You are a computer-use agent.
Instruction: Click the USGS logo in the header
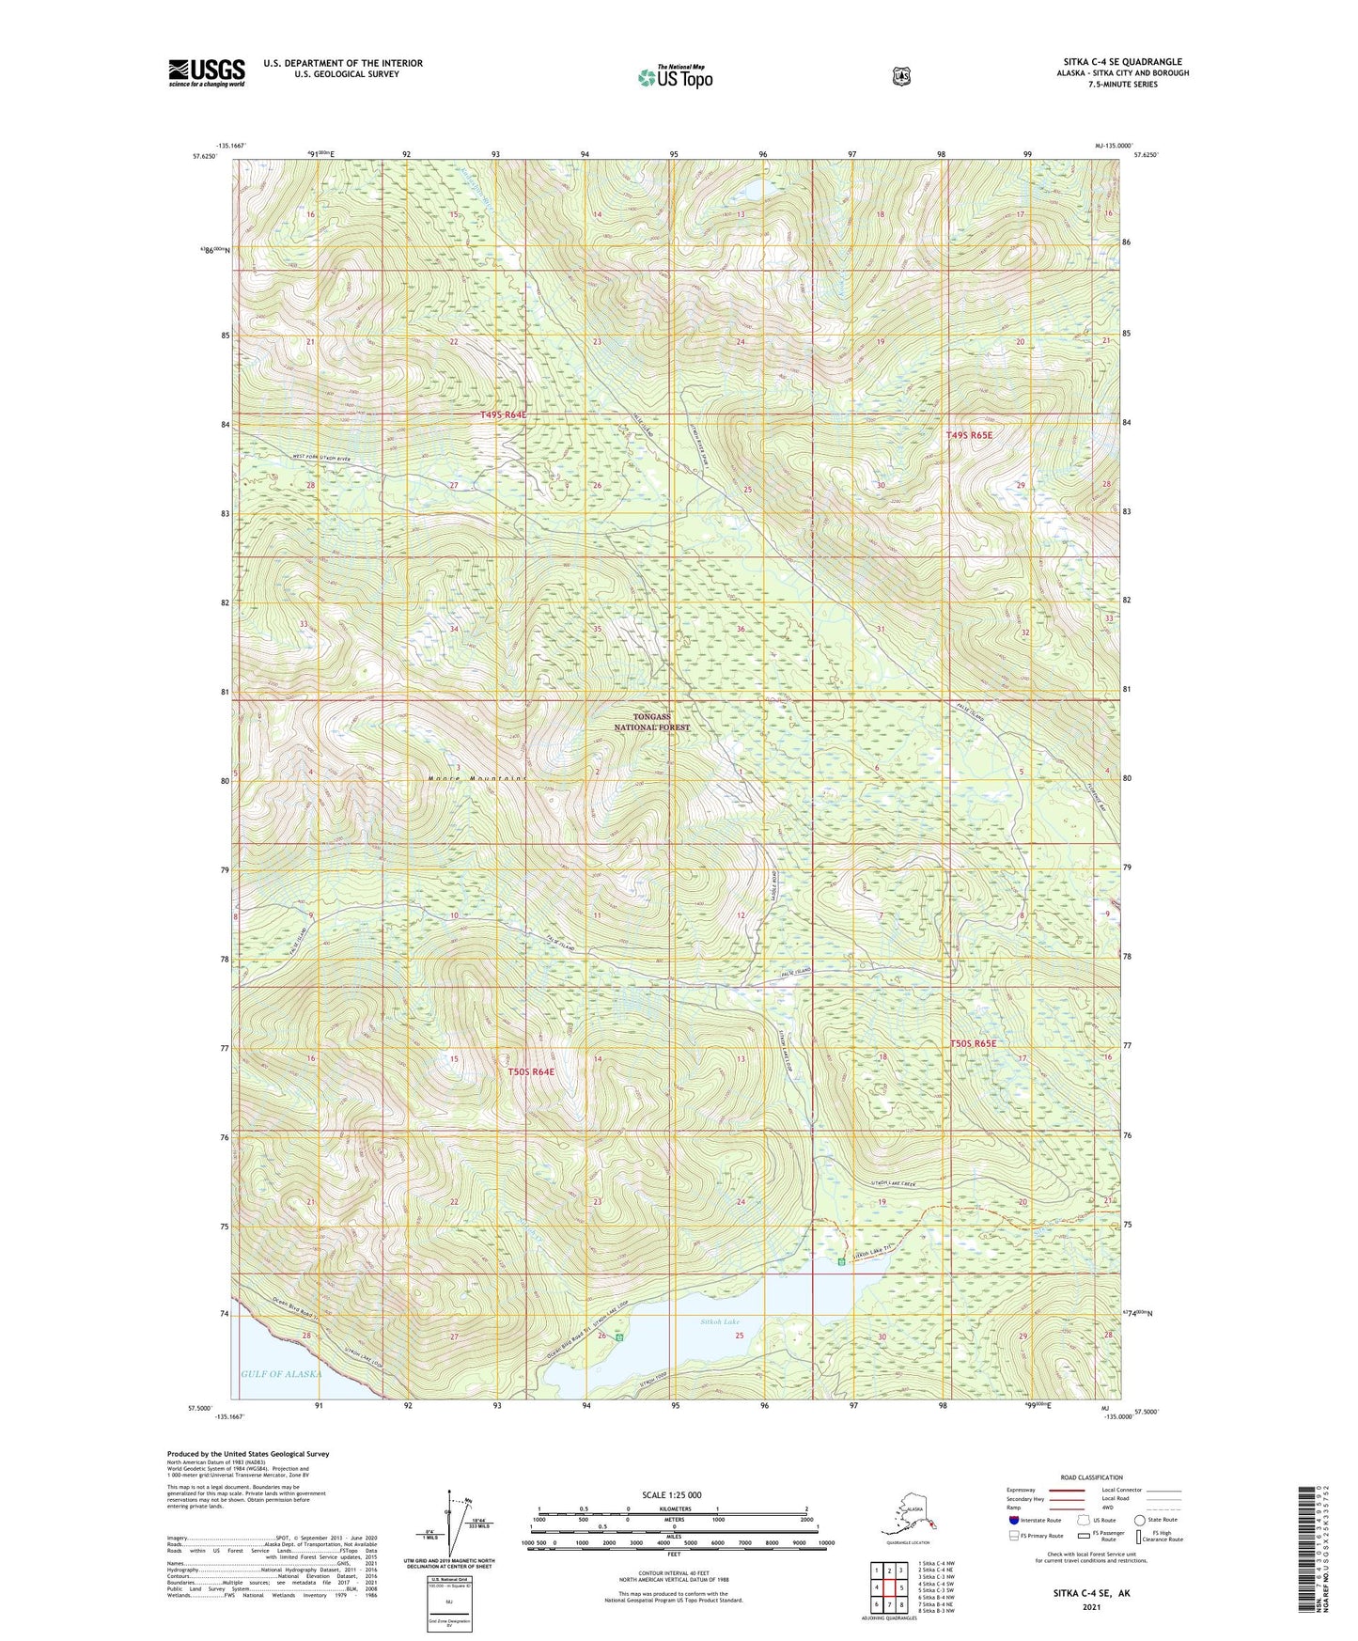click(x=207, y=71)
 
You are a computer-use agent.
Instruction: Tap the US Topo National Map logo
click(x=675, y=77)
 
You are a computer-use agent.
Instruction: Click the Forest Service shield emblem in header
click(x=901, y=76)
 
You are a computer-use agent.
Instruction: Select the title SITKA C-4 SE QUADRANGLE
click(x=1122, y=62)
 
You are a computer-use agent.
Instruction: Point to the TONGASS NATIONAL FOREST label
click(x=652, y=722)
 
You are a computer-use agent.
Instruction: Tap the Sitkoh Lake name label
click(x=721, y=1321)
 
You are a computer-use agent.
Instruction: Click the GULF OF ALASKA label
click(x=281, y=1373)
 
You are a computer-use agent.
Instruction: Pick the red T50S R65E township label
click(x=972, y=1043)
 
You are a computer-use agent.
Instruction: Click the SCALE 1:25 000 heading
click(x=671, y=1494)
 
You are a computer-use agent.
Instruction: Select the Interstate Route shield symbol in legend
click(x=1013, y=1520)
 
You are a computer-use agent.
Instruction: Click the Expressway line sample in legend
click(x=1067, y=1490)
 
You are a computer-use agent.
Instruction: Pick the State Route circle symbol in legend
click(x=1139, y=1520)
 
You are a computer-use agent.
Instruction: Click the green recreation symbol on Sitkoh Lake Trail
click(x=841, y=1262)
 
